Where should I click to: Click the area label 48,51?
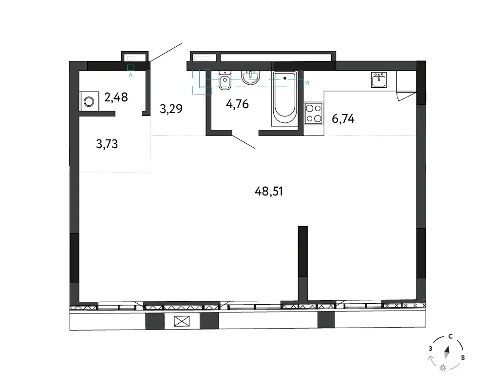269,192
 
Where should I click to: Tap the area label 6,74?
343,119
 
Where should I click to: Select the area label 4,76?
237,104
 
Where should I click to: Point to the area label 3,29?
171,109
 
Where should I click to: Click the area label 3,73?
107,144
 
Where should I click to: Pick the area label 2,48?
116,97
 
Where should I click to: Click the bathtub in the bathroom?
284,98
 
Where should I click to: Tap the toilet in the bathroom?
225,80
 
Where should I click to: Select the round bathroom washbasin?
250,78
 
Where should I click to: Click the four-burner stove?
313,114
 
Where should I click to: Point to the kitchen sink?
379,80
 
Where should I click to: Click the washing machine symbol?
89,101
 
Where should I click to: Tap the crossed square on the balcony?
182,321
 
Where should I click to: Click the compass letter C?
450,336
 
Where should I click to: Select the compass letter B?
463,358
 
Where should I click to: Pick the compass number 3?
431,349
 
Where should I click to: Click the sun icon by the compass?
443,368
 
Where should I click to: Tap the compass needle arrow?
447,352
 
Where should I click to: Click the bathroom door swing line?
244,142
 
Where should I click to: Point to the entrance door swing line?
166,52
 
